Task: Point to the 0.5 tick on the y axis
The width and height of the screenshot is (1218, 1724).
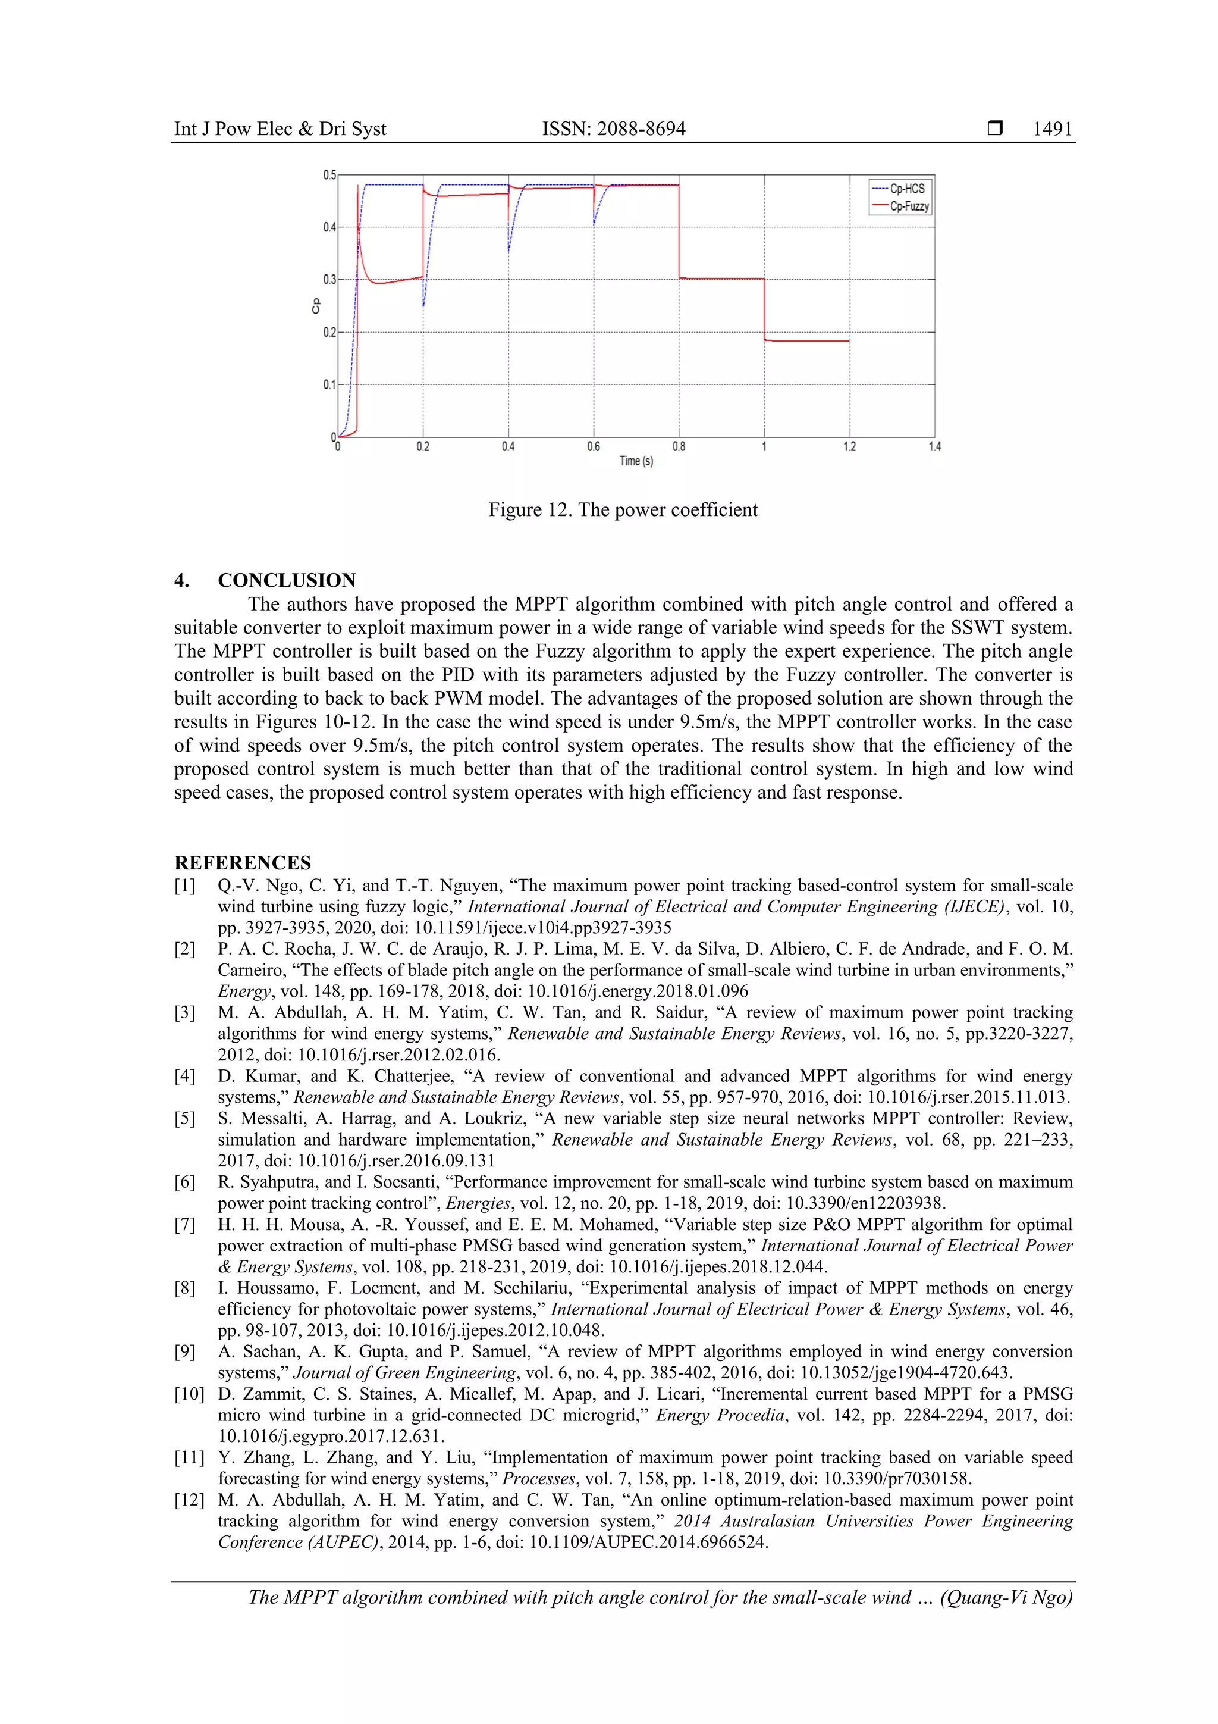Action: [329, 175]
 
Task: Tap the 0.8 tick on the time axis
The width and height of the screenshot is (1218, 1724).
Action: [679, 447]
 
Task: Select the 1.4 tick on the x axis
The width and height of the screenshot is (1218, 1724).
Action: [934, 447]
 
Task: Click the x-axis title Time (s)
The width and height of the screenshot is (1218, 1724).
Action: [636, 461]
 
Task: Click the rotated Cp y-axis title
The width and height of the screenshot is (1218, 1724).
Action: [316, 306]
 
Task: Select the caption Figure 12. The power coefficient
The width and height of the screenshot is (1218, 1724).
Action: [622, 510]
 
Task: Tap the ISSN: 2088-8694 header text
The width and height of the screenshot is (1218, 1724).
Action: [613, 129]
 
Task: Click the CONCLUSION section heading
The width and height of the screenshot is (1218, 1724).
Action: [286, 580]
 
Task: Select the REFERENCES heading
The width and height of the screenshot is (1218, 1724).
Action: [243, 862]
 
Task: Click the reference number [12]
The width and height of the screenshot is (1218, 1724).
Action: [189, 1500]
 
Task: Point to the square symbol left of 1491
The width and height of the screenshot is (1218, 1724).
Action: [994, 129]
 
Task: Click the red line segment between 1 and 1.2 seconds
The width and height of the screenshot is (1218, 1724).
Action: [807, 341]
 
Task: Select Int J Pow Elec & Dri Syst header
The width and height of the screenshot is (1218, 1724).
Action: [280, 129]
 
